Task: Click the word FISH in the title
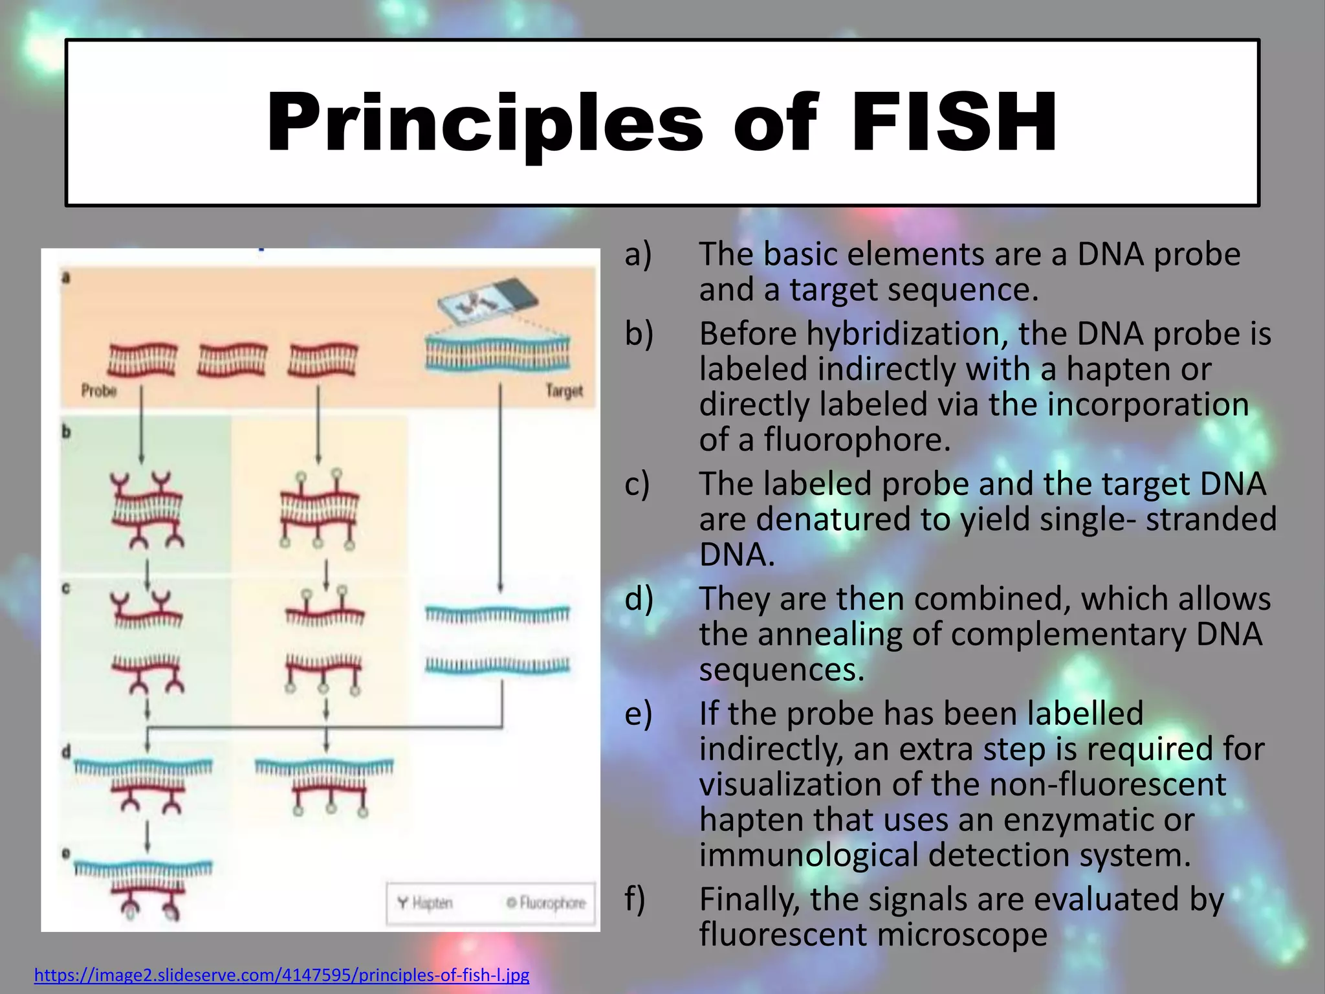[x=955, y=123]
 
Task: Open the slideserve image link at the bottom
[x=281, y=975]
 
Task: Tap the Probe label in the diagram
[x=99, y=391]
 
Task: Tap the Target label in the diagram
[x=564, y=391]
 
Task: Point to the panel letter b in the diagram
[x=66, y=432]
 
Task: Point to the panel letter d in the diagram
[x=66, y=753]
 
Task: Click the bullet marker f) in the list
[x=635, y=899]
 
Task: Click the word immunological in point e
[x=809, y=855]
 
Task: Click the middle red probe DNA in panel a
[x=232, y=360]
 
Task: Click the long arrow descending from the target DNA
[x=500, y=485]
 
